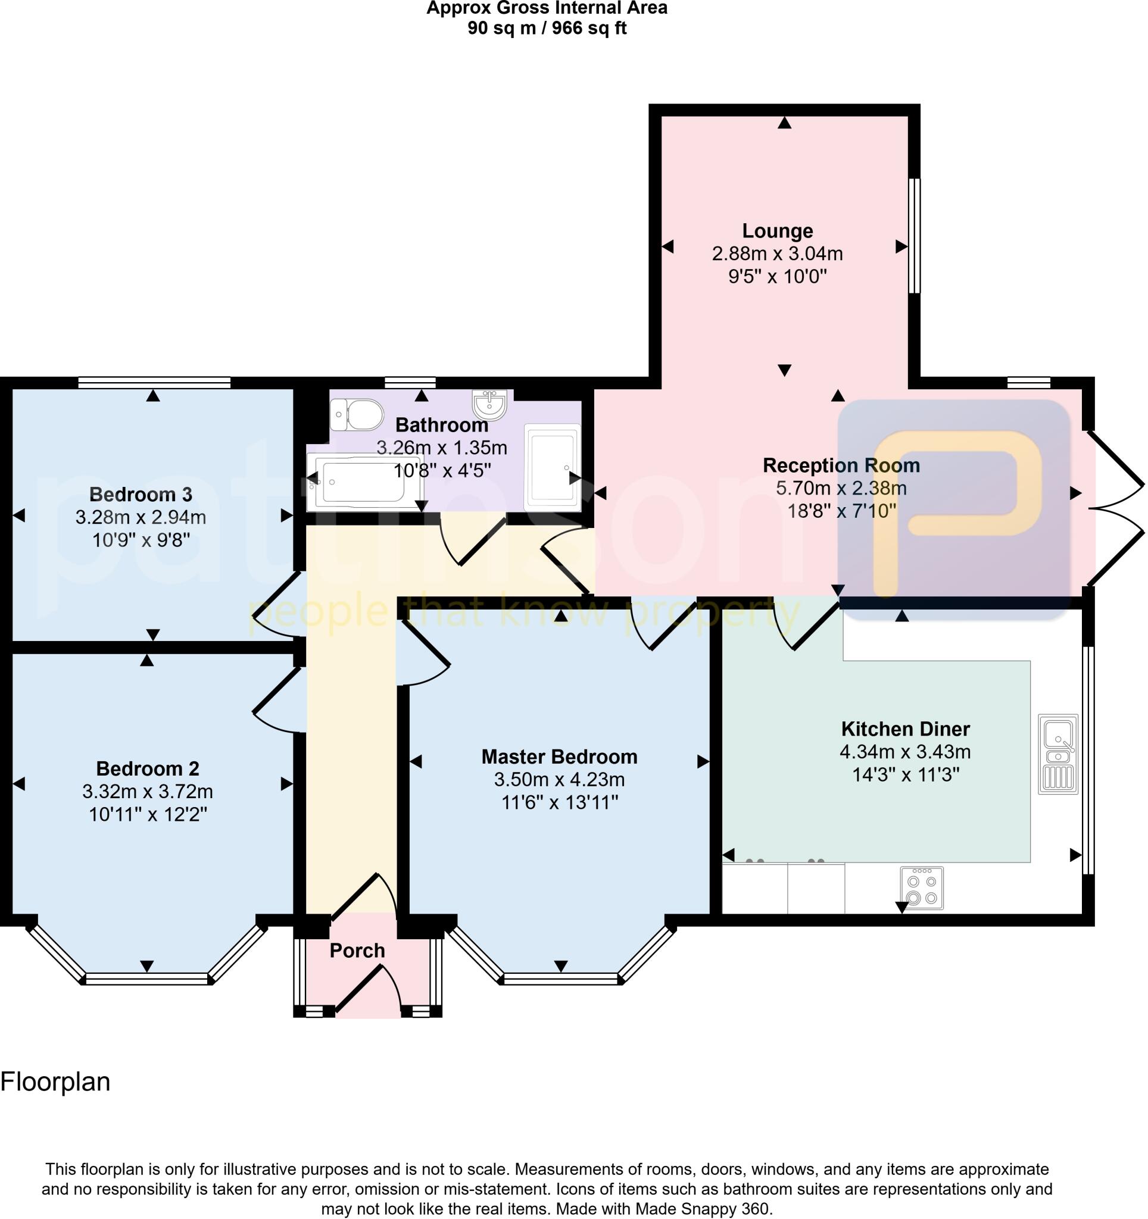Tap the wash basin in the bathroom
489,404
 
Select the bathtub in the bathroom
364,482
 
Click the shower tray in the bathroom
552,467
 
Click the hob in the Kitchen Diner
922,888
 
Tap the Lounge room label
778,231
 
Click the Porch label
357,951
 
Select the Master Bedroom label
559,757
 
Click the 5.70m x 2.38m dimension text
841,489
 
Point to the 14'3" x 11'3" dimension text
906,775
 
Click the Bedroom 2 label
147,768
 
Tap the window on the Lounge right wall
915,236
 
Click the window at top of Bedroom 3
154,383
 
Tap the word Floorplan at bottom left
55,1082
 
